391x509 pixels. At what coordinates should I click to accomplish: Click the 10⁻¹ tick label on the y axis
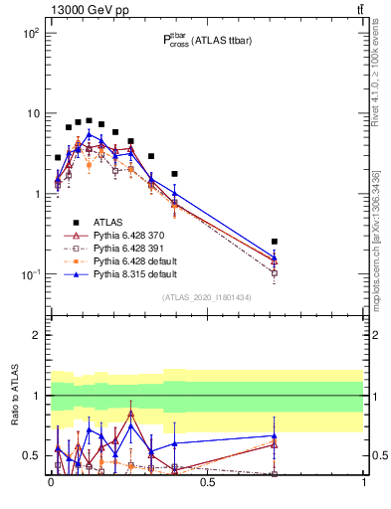tap(29, 274)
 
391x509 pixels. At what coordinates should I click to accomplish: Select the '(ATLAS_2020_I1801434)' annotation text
tap(206, 297)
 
